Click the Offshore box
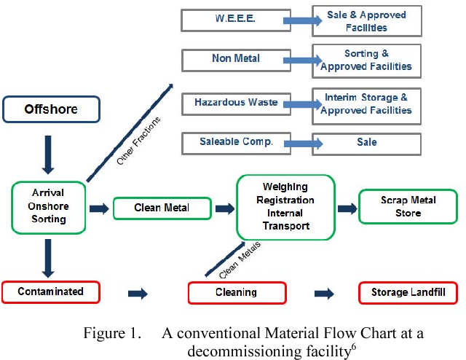pos(50,110)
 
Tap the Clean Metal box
pos(162,208)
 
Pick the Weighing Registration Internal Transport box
pos(285,207)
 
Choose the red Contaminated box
pos(50,292)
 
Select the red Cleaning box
pos(237,293)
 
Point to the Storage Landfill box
pos(408,293)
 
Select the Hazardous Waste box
pos(235,103)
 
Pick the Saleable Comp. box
pos(235,142)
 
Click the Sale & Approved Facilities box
pos(367,21)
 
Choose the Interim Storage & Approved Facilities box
pos(367,103)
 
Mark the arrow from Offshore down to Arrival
pos(48,156)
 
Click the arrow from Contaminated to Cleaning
pos(138,294)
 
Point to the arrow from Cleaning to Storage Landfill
pos(324,294)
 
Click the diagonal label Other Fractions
pos(138,139)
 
